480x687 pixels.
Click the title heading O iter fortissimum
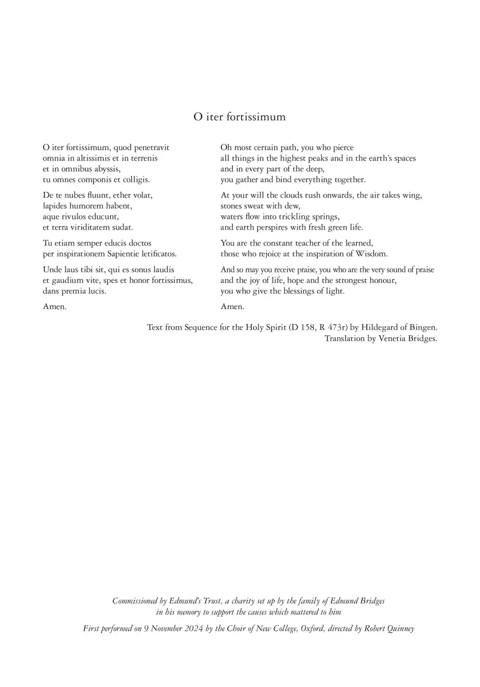(239, 117)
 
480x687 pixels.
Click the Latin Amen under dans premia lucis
(54, 307)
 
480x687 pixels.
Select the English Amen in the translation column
(232, 307)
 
